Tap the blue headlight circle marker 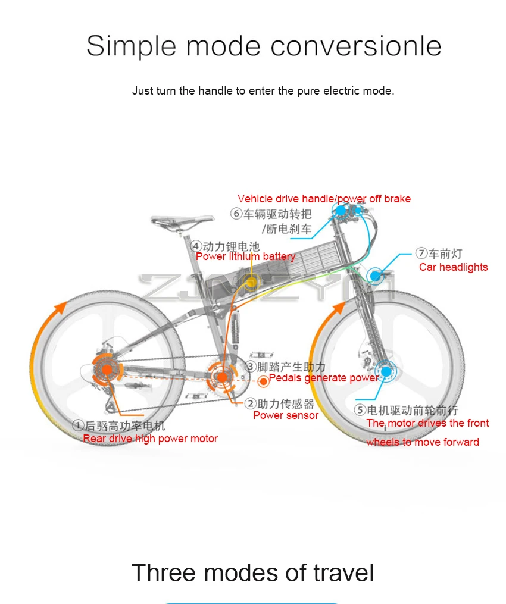(376, 275)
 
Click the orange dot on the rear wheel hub (107, 370)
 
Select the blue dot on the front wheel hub (385, 371)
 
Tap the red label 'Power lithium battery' (245, 256)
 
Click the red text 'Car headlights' (453, 267)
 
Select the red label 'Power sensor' (286, 415)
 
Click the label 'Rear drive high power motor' (150, 439)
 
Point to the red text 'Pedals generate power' (324, 378)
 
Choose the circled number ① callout (78, 425)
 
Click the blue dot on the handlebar (340, 210)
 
